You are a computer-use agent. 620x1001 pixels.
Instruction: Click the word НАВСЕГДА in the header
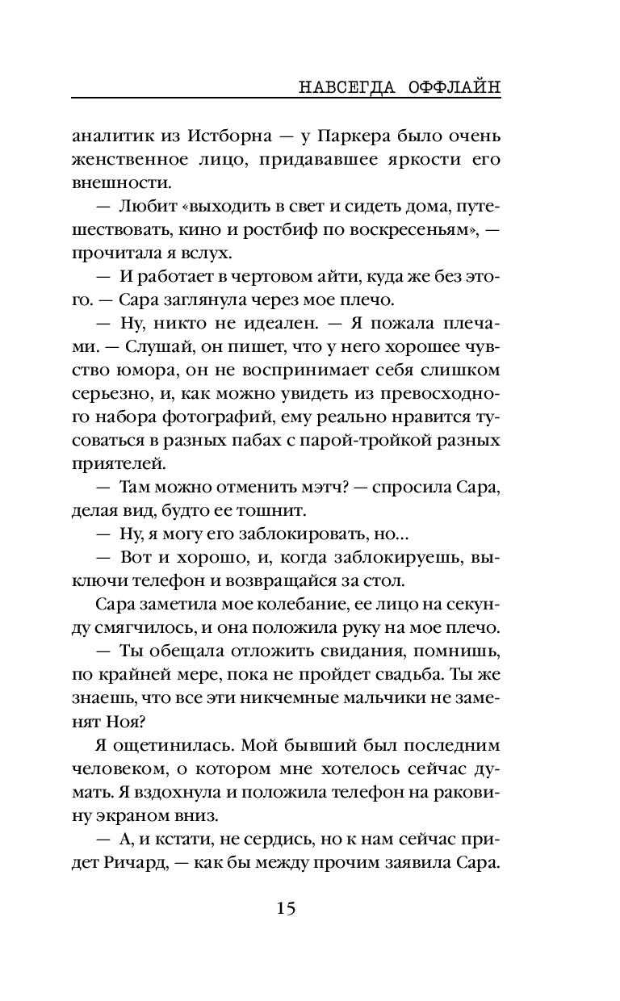(x=341, y=86)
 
